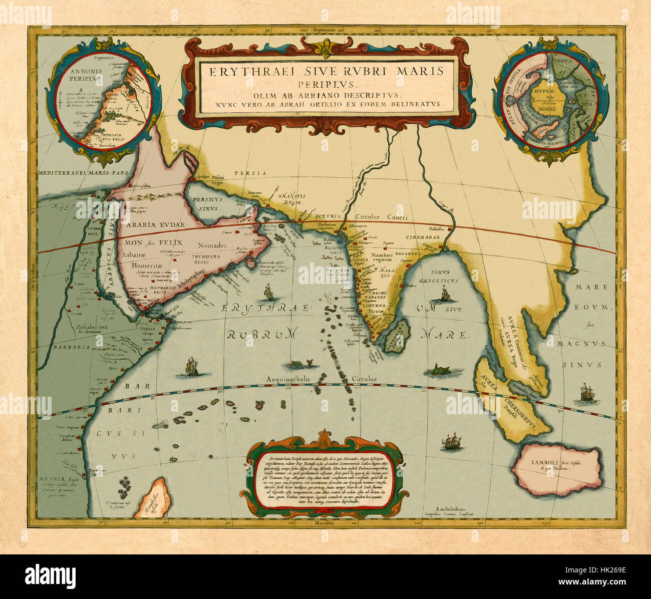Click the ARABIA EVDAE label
156,225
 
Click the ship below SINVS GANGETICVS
443,294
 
